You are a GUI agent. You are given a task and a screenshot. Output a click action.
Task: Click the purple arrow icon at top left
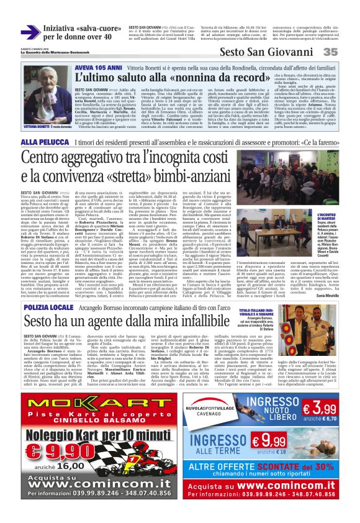click(31, 32)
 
